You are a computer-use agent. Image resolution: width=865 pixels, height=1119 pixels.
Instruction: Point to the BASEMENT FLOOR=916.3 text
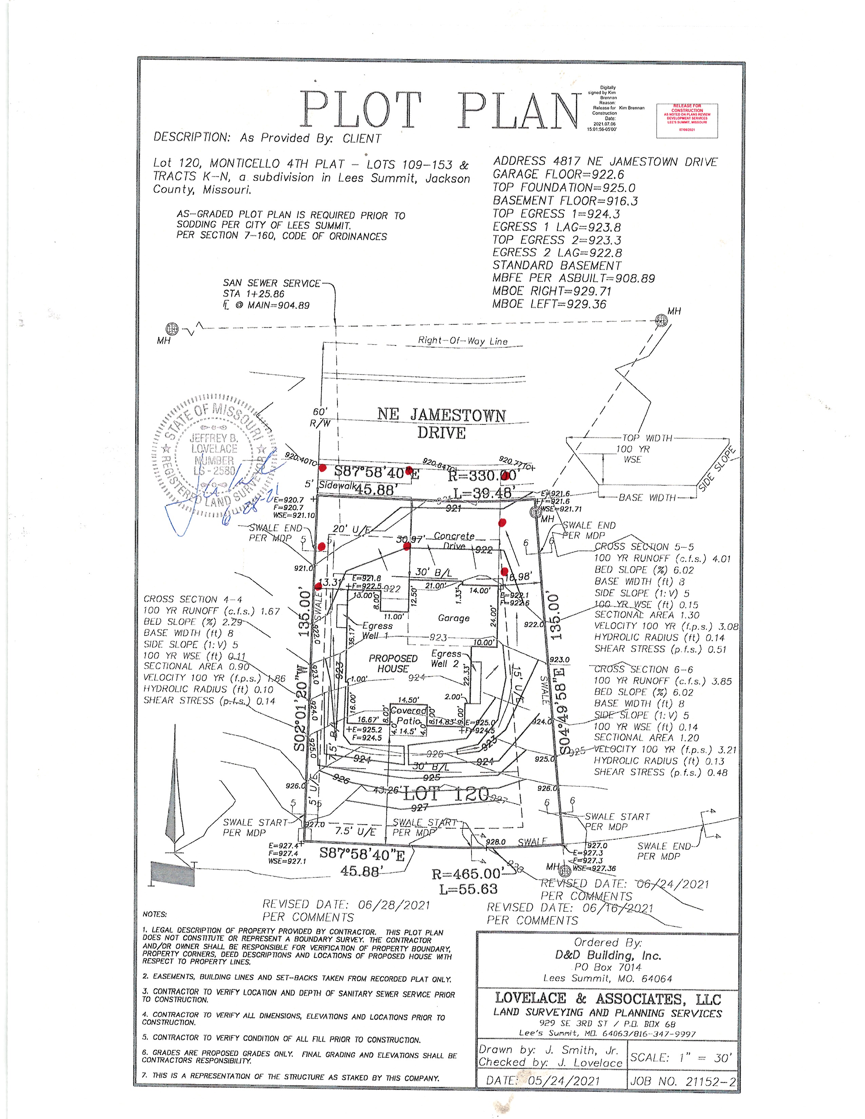(565, 201)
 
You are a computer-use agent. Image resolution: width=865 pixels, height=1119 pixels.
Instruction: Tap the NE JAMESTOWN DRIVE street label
(441, 423)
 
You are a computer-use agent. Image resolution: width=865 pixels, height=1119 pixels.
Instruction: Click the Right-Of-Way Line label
(462, 341)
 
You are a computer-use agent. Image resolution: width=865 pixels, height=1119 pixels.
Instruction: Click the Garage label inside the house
(454, 619)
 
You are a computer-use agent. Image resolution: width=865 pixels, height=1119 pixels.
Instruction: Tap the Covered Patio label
(408, 715)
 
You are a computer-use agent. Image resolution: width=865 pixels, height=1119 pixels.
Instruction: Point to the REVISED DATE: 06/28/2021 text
(346, 905)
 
